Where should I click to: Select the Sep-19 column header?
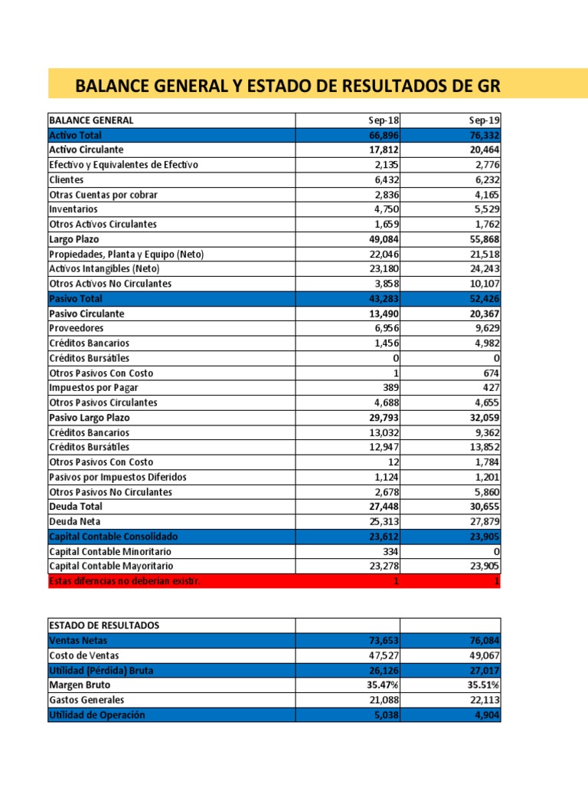click(x=485, y=120)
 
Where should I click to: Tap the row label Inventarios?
click(x=73, y=209)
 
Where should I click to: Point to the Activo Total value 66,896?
click(x=381, y=135)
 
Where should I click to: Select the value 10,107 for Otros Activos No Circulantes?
click(x=481, y=284)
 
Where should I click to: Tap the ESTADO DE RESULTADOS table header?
click(x=104, y=626)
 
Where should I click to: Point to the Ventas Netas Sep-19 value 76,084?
click(x=481, y=640)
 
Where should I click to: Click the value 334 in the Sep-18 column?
click(x=390, y=551)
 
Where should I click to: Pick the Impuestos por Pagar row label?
click(x=94, y=388)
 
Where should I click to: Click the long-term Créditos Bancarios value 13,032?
click(x=381, y=432)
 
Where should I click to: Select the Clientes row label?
click(x=67, y=180)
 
